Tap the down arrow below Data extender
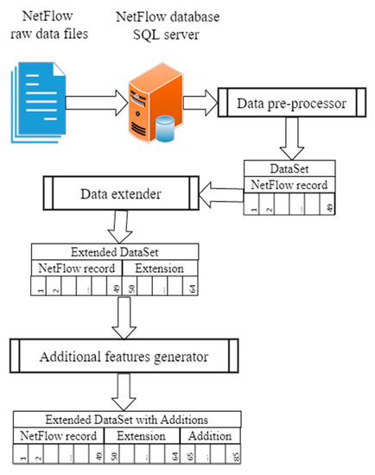click(118, 228)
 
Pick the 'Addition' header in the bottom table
click(210, 434)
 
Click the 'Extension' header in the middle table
click(162, 269)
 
